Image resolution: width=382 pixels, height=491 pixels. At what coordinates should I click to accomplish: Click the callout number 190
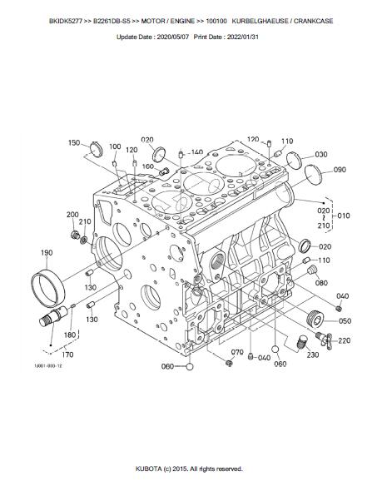(47, 252)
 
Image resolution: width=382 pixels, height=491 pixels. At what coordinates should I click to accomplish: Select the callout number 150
(74, 143)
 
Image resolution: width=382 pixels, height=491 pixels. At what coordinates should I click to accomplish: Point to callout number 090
(340, 170)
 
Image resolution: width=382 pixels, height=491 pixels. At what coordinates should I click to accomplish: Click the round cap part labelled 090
(313, 175)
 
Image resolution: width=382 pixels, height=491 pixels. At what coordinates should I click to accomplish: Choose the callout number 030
(321, 154)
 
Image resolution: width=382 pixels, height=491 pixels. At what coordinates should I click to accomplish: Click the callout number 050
(345, 320)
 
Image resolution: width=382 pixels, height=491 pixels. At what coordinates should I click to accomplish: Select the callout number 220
(344, 340)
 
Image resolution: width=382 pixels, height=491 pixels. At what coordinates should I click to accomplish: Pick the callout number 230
(312, 355)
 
